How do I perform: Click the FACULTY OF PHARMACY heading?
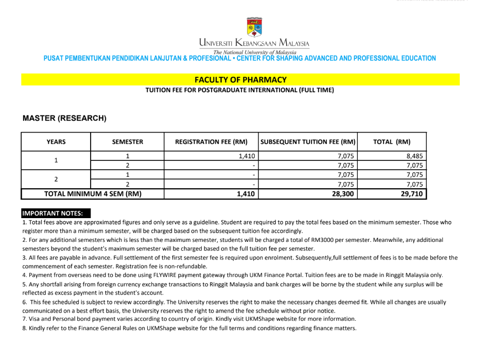click(x=240, y=80)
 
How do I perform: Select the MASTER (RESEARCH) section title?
click(x=64, y=118)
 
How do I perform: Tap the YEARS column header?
click(x=56, y=142)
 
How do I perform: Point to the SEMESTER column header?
click(x=128, y=142)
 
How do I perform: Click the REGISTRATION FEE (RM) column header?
click(x=211, y=142)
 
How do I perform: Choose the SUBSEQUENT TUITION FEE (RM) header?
click(x=308, y=142)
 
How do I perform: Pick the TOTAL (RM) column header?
click(x=392, y=142)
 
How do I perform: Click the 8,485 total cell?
click(x=414, y=156)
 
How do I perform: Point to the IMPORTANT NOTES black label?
click(x=56, y=213)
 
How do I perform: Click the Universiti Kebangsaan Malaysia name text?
click(x=254, y=43)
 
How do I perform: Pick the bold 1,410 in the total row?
click(x=246, y=194)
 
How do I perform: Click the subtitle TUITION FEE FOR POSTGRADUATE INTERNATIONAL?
click(x=239, y=90)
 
